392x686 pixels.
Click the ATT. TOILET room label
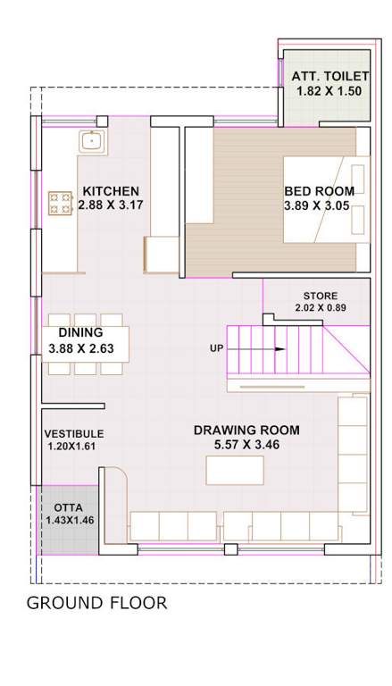tap(322, 78)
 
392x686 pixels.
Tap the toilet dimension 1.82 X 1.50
tap(322, 92)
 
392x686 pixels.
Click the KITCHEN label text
tap(111, 190)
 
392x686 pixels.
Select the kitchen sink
tap(92, 140)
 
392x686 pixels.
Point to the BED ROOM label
tap(319, 190)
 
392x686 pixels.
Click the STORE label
tap(320, 296)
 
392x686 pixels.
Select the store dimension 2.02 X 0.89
tap(320, 308)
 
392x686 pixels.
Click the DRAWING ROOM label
tap(246, 430)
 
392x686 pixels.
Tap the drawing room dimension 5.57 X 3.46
tap(246, 444)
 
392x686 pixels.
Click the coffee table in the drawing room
tap(235, 469)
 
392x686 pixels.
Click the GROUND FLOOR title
tap(96, 603)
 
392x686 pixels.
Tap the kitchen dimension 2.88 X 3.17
tap(111, 205)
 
